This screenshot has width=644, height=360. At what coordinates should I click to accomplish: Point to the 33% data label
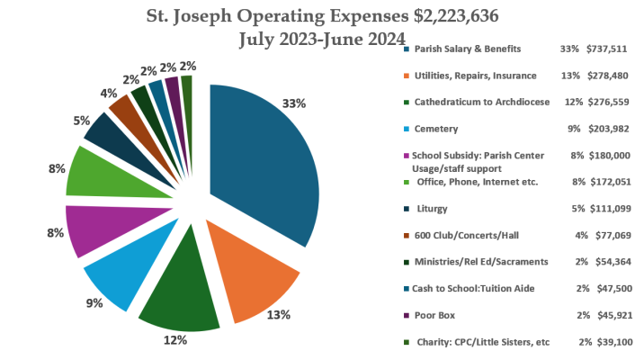coord(294,103)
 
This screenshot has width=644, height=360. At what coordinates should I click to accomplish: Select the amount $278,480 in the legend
coord(611,75)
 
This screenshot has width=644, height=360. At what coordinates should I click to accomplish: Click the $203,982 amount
coord(611,129)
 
